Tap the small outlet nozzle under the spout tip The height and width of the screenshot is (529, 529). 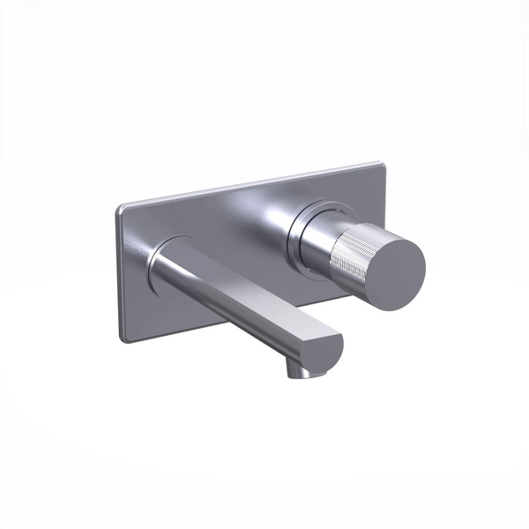click(301, 371)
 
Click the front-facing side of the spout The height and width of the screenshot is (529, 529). click(238, 309)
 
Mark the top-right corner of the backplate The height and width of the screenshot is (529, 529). click(381, 164)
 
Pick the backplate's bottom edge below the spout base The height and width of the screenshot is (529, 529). click(176, 324)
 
